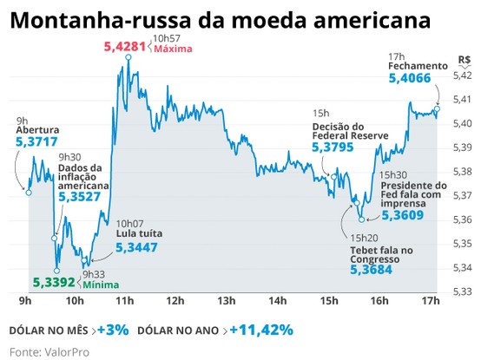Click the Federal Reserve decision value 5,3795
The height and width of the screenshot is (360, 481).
[x=333, y=148]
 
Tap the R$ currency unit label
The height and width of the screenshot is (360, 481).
[x=465, y=61]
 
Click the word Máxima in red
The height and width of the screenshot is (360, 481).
[x=172, y=49]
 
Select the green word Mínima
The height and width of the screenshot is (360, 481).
[x=101, y=284]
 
